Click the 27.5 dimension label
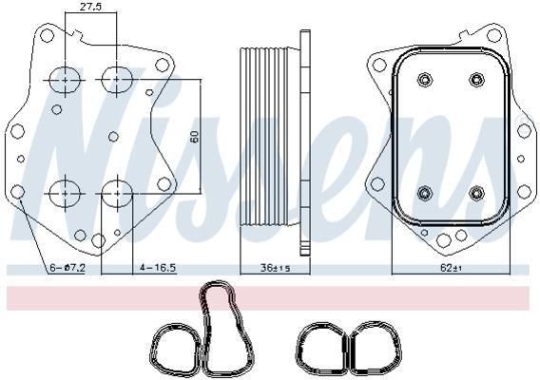90,7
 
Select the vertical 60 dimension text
195,137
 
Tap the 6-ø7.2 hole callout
67,268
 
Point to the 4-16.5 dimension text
158,268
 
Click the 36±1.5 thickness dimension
275,268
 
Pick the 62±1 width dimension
451,268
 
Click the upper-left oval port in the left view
65,80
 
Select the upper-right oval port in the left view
117,80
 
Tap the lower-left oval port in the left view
65,194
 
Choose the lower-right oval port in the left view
117,194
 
